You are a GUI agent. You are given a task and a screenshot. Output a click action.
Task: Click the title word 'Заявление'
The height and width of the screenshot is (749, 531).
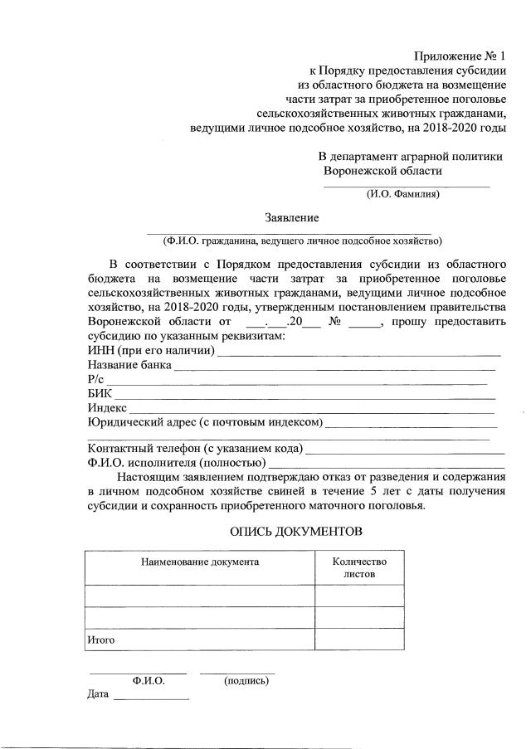(291, 217)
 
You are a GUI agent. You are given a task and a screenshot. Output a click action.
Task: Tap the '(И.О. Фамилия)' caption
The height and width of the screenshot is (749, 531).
(403, 194)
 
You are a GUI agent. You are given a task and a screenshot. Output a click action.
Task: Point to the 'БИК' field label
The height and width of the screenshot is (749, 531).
(100, 394)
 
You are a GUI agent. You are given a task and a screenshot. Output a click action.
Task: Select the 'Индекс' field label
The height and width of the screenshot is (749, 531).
(107, 408)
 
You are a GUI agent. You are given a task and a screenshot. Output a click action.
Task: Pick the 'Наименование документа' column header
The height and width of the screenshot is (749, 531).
(200, 562)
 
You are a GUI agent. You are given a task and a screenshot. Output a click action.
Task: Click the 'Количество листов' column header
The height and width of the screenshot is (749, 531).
(359, 567)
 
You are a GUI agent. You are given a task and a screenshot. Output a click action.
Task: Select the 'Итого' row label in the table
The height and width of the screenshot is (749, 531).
(100, 640)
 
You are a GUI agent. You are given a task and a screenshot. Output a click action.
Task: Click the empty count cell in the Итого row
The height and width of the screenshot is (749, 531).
(359, 640)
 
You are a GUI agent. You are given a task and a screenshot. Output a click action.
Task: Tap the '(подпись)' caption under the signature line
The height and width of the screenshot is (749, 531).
(246, 681)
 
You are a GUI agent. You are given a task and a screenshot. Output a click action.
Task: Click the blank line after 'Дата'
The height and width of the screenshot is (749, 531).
(151, 700)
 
